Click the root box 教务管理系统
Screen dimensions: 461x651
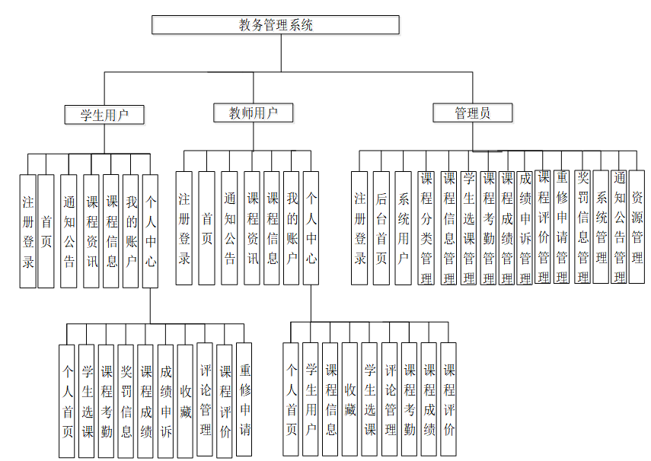pos(276,25)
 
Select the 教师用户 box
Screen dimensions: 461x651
pos(254,113)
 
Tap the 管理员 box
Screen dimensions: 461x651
pos(472,113)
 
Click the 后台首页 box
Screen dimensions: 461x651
pos(381,227)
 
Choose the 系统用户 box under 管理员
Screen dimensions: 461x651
pos(404,227)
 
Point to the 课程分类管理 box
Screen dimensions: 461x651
pos(426,227)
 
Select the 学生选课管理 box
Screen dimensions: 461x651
pos(469,227)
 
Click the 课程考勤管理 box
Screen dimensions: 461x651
pos(488,227)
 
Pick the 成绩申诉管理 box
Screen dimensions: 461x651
pos(525,227)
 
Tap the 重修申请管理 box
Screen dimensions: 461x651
pos(562,227)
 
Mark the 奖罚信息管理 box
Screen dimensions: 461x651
pos(582,227)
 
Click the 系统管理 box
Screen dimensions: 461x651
pos(601,227)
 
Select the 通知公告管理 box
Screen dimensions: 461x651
pos(620,227)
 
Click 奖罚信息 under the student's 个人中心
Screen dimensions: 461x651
pos(126,401)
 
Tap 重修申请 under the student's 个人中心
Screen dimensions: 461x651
pos(244,401)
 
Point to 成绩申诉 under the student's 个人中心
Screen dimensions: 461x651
pos(166,401)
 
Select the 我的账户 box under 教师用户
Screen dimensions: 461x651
pos(292,227)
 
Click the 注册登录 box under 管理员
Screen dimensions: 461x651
pos(360,227)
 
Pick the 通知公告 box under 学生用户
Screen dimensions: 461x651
pos(69,231)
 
